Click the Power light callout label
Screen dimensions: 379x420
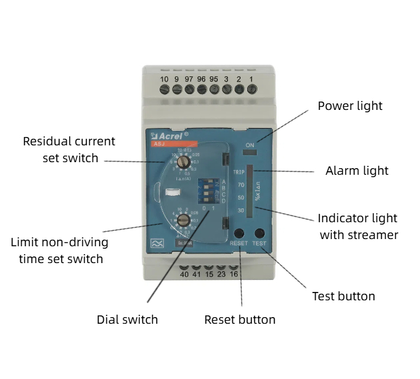[x=350, y=106]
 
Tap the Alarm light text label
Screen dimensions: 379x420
[x=356, y=171]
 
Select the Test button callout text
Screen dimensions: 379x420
[x=343, y=296]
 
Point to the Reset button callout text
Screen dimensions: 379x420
[x=239, y=320]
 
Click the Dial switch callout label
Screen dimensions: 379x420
[x=127, y=320]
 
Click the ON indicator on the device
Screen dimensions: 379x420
[x=250, y=145]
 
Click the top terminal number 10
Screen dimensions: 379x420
[x=164, y=79]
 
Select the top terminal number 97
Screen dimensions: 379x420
[x=189, y=79]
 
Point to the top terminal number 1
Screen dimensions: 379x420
[x=251, y=79]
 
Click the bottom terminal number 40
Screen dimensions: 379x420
[x=184, y=274]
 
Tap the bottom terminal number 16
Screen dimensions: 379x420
[x=233, y=274]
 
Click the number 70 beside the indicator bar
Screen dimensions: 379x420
[x=241, y=185]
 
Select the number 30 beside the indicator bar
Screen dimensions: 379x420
[x=241, y=210]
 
